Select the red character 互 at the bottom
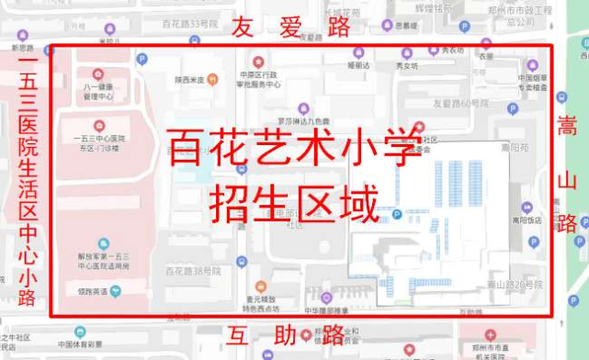point(242,335)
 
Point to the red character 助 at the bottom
point(287,335)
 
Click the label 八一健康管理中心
point(98,90)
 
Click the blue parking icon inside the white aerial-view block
point(397,216)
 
